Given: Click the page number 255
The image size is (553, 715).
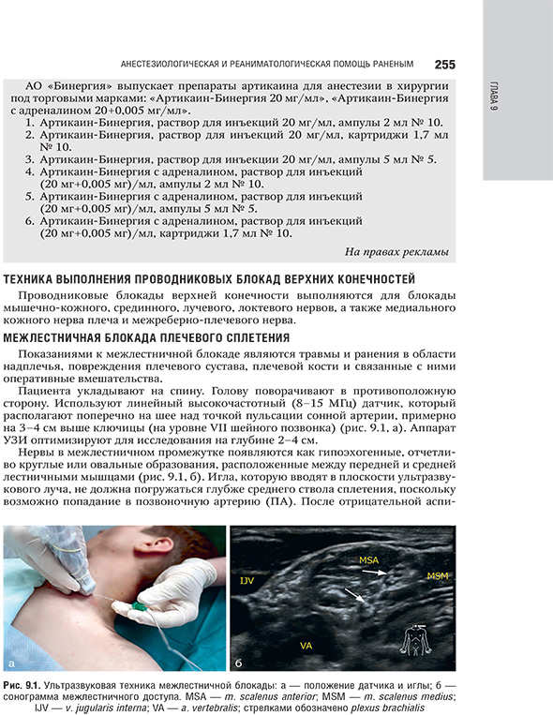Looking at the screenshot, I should (445, 65).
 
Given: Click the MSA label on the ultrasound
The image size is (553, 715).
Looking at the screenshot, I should (369, 559).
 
